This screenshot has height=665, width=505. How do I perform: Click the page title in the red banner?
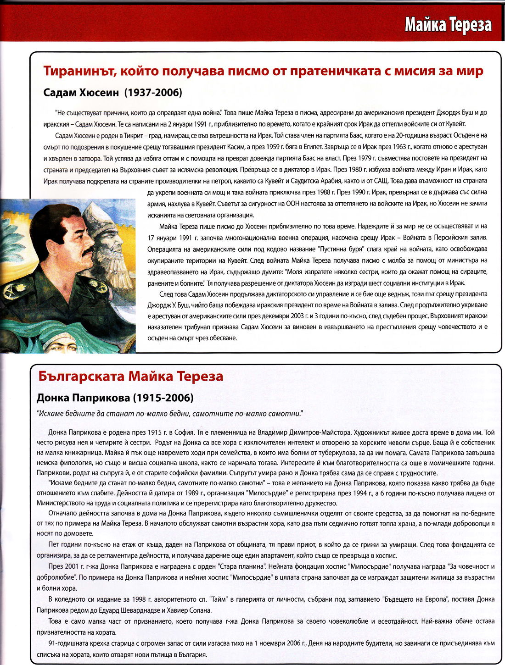(x=448, y=25)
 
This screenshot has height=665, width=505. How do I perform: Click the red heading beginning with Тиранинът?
(x=263, y=71)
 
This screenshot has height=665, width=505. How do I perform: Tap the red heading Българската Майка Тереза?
(x=131, y=377)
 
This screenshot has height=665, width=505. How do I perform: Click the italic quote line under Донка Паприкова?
(x=170, y=414)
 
